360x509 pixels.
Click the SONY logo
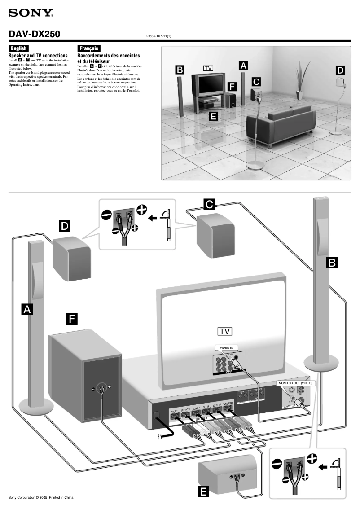(31, 14)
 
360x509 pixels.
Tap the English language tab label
(19, 48)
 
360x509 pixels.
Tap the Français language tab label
(88, 48)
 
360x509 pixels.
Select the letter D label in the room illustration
(341, 70)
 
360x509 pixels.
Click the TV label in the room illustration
(207, 68)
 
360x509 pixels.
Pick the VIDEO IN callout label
(226, 347)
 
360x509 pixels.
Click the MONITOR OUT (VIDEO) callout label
(294, 383)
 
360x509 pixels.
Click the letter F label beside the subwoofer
(71, 319)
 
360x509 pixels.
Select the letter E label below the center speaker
(203, 492)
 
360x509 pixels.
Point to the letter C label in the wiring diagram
(209, 204)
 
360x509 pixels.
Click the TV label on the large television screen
(224, 332)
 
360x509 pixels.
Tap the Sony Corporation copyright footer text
(41, 497)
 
